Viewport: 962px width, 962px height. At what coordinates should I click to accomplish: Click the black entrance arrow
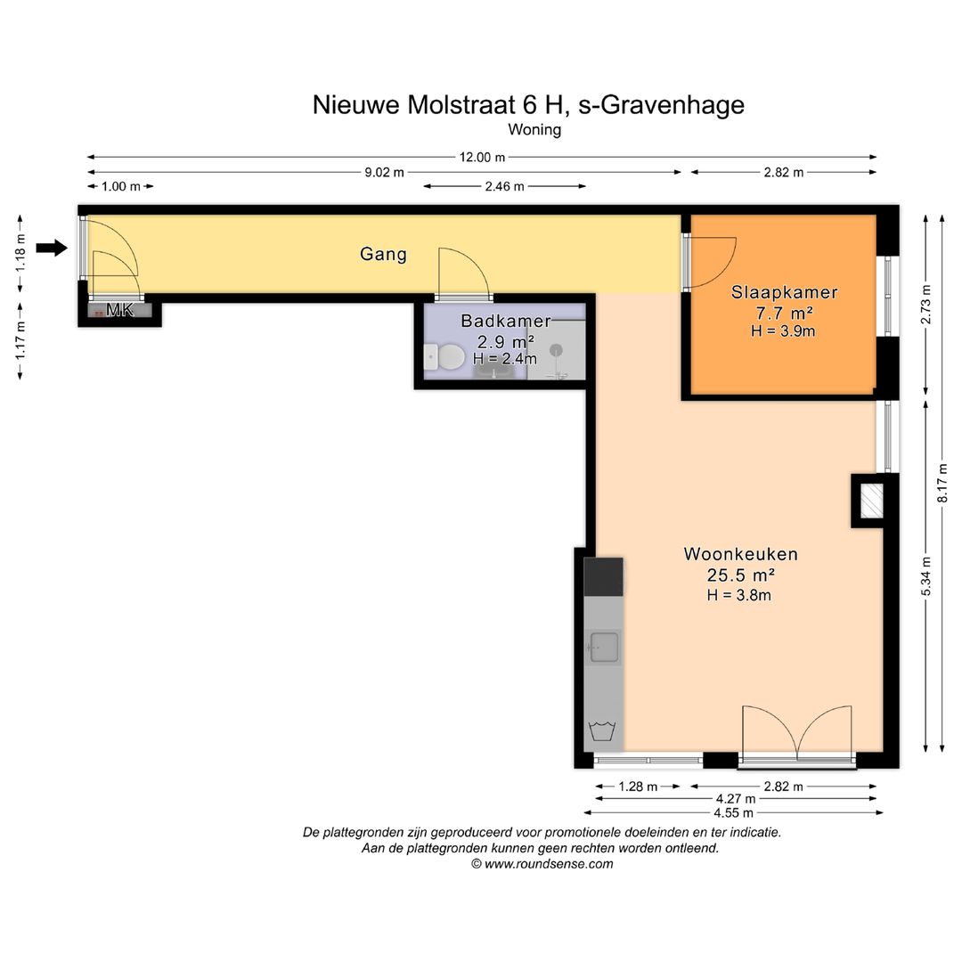(52, 248)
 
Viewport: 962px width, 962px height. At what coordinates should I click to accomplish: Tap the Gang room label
(383, 254)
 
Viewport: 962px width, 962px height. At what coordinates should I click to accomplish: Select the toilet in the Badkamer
(444, 357)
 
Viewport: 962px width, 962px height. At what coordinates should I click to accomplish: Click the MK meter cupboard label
(119, 310)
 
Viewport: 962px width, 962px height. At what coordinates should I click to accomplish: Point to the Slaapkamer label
(784, 292)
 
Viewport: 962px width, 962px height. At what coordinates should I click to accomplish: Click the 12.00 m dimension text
(482, 157)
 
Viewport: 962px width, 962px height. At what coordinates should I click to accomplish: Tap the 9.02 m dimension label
(384, 173)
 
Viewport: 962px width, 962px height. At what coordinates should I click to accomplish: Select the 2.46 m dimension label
(504, 186)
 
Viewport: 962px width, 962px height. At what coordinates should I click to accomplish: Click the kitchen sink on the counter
(603, 648)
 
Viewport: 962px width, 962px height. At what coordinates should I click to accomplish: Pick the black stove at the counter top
(603, 576)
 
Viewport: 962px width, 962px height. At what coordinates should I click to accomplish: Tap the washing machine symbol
(602, 731)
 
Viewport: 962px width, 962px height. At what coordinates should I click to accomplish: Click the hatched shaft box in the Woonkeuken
(871, 501)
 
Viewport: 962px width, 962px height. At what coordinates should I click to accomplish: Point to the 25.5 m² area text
(740, 575)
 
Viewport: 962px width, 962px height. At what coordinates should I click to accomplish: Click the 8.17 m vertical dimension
(942, 483)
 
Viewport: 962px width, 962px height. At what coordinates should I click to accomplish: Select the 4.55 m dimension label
(733, 813)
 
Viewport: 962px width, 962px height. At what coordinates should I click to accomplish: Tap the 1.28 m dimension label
(638, 787)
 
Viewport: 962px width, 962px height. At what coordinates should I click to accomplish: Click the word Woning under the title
(534, 129)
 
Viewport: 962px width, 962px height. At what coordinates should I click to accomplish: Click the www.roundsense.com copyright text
(542, 864)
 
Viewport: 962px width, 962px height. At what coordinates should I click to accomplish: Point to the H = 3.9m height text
(783, 331)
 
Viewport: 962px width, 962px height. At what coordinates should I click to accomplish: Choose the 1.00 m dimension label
(120, 186)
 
